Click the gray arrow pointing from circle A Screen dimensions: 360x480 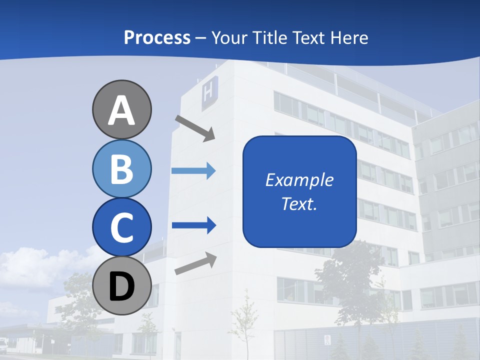point(195,128)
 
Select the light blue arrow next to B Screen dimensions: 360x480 point(193,171)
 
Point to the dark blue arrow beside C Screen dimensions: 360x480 point(193,225)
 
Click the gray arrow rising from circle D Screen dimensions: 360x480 point(195,263)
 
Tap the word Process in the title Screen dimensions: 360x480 point(157,37)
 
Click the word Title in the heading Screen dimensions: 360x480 point(271,37)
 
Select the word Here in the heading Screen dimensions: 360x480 point(348,37)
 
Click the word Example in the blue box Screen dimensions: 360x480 point(299,180)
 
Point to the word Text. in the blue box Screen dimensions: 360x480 point(299,203)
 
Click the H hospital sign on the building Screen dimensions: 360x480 point(209,93)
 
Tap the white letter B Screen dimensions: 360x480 point(121,169)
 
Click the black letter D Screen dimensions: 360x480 point(121,286)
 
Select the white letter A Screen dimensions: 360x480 point(121,110)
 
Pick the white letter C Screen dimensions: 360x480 point(121,227)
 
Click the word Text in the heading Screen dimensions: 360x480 point(308,37)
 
